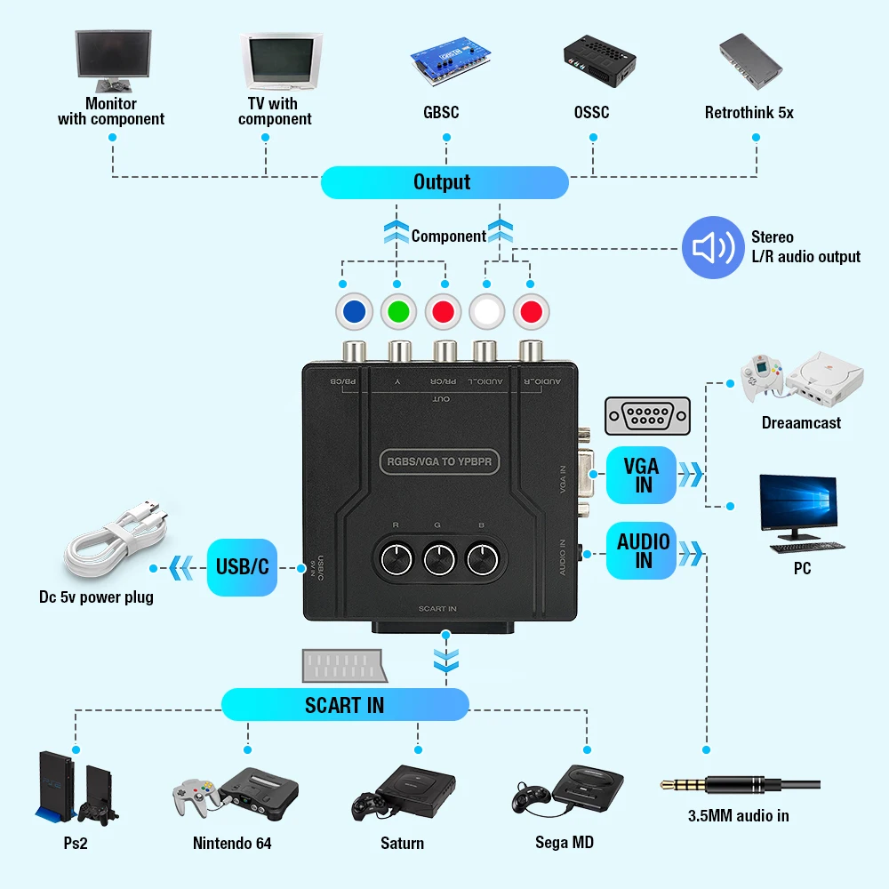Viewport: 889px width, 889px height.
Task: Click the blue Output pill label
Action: [x=443, y=182]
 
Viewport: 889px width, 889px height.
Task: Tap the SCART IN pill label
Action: [x=345, y=705]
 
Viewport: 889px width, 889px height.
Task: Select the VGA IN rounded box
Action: [x=641, y=475]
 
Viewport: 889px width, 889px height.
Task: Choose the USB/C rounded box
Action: [x=242, y=566]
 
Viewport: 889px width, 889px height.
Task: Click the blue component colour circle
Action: [x=355, y=312]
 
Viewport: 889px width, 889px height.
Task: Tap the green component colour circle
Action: [x=399, y=312]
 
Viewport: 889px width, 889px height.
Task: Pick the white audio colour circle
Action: [x=487, y=312]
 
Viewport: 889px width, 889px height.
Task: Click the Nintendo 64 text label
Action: [x=232, y=843]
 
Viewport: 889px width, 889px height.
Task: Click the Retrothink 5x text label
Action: [x=749, y=113]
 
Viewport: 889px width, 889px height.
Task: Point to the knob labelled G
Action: [x=438, y=559]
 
